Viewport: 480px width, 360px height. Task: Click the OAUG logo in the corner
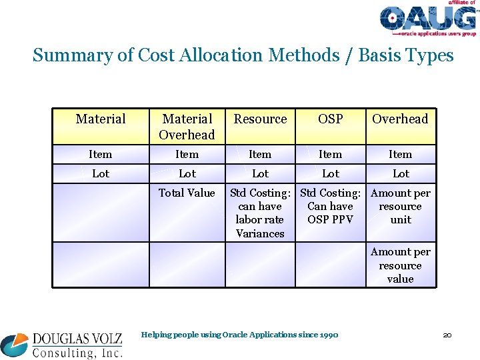click(427, 18)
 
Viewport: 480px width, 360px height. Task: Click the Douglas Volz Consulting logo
click(62, 345)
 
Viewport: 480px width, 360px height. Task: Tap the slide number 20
click(447, 335)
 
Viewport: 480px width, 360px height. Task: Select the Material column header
click(101, 119)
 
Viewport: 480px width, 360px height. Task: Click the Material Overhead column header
click(187, 127)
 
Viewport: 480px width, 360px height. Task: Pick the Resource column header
click(260, 119)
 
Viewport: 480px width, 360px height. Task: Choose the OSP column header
click(330, 119)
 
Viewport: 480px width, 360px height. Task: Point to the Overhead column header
click(400, 119)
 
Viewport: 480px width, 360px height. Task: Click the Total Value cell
click(187, 193)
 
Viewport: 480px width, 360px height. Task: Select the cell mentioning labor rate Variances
click(260, 213)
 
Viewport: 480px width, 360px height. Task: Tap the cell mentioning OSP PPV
click(330, 206)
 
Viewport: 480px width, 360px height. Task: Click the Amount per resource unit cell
click(400, 206)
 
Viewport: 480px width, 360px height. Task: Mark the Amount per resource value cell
click(400, 265)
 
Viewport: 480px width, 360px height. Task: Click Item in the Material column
click(101, 155)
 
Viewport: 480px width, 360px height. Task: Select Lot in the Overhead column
click(401, 174)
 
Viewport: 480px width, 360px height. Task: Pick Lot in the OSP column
click(330, 174)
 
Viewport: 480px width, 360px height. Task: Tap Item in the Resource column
click(260, 155)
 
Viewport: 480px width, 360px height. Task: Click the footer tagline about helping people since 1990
click(240, 335)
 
